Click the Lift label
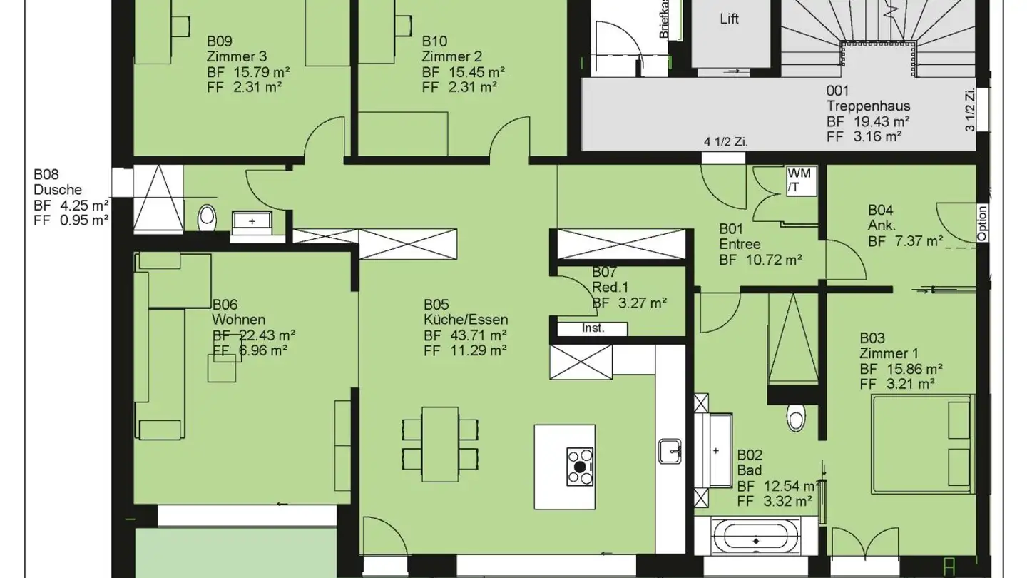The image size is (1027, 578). coord(729,19)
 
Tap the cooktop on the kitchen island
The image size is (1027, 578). coord(580,467)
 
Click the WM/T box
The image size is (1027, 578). coord(794,181)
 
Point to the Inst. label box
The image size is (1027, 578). coord(593,329)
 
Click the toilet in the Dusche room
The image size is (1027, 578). coord(207,216)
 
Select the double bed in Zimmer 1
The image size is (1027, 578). coord(921,443)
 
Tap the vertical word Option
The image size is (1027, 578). coord(982,223)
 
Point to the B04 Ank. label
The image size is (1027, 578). coord(882,218)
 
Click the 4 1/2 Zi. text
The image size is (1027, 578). coord(726,141)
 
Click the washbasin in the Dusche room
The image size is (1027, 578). coord(251,222)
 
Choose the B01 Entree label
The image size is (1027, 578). coord(740,237)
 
